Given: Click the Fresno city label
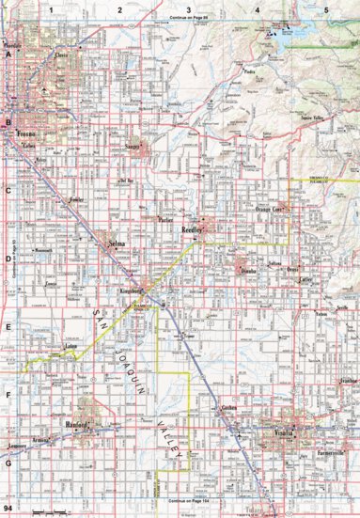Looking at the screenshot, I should [27, 134].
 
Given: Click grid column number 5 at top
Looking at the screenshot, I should [325, 8].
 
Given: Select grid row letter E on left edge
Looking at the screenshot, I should [8, 326].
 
